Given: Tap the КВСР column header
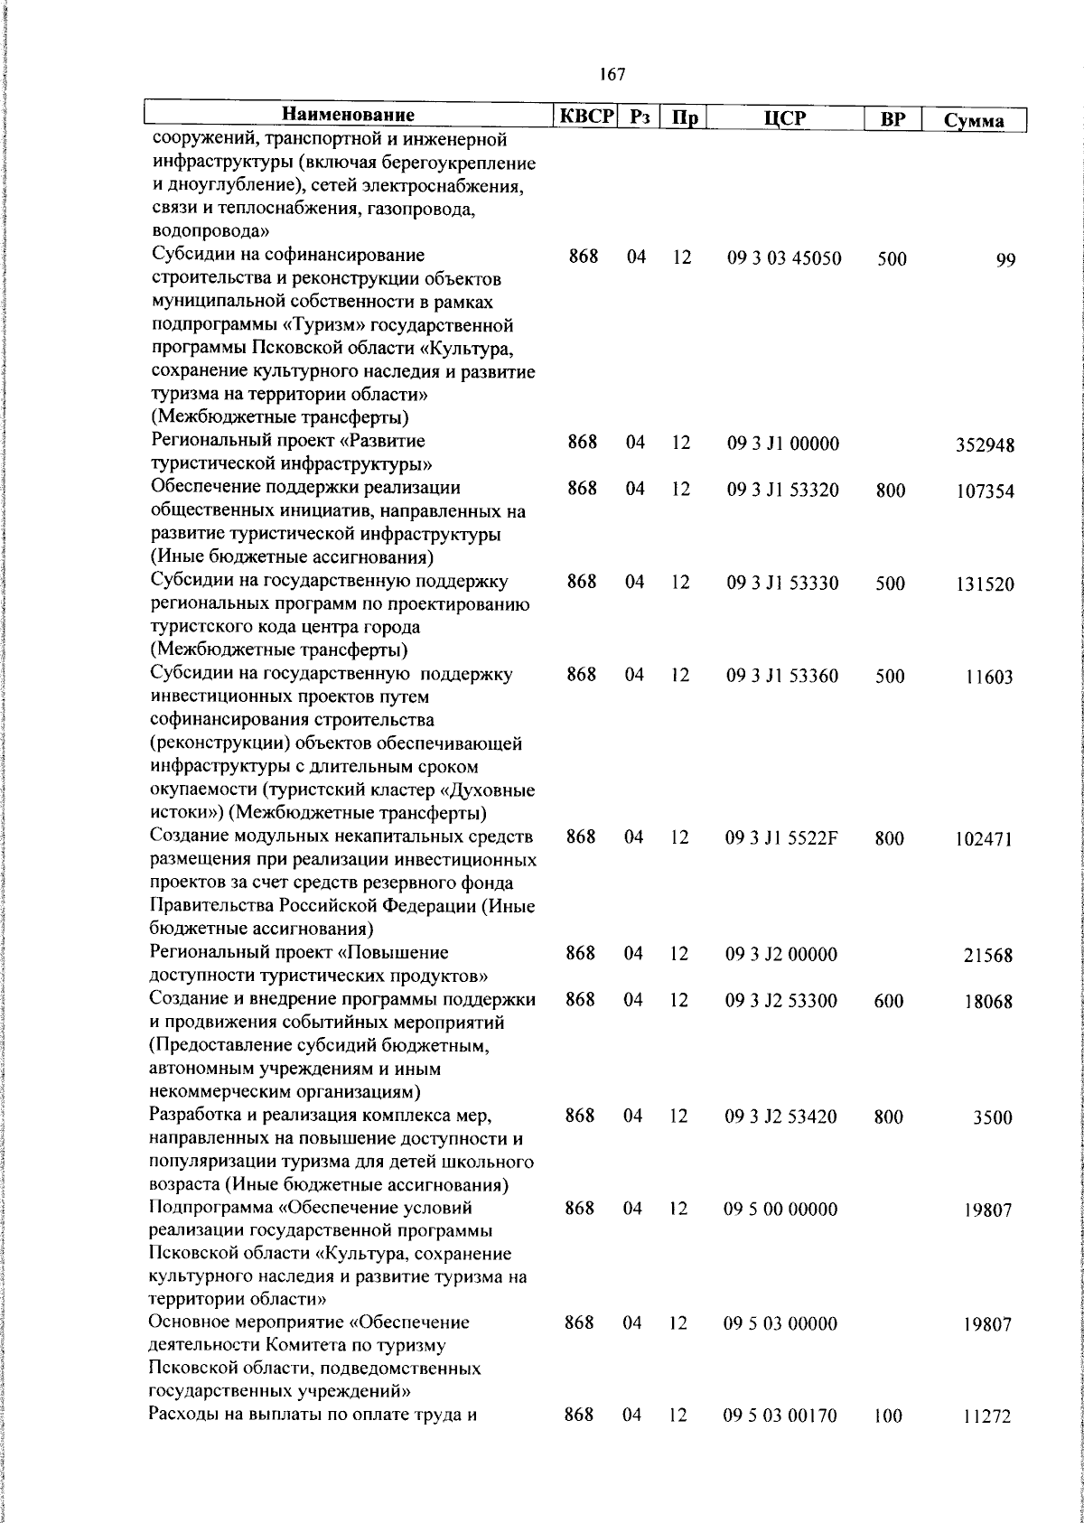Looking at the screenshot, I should tap(585, 116).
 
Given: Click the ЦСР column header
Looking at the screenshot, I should tap(784, 117).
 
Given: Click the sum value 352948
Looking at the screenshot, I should tap(985, 444).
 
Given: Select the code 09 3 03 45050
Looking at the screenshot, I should tap(784, 258).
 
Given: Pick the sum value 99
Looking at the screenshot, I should tap(1006, 260).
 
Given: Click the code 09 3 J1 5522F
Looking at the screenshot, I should tap(782, 838).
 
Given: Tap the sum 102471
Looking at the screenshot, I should tap(984, 839).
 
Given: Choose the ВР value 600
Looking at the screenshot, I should tap(889, 1001).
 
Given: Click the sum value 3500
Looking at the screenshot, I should tap(992, 1117).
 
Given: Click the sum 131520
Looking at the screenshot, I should tap(985, 584).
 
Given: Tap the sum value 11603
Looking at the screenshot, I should tap(988, 677).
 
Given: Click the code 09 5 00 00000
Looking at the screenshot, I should tap(780, 1210).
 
